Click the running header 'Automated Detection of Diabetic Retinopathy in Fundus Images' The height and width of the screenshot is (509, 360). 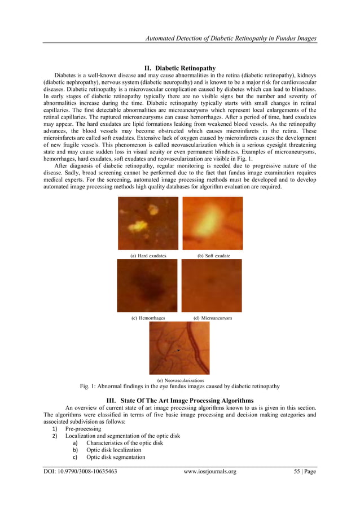tap(230, 38)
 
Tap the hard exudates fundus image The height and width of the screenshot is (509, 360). tap(148, 223)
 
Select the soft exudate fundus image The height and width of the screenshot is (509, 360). tap(213, 223)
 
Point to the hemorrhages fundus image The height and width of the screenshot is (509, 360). tap(147, 286)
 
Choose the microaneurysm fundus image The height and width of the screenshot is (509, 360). tap(212, 286)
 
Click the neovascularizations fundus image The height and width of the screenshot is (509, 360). tap(179, 348)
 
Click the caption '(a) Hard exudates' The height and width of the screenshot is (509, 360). tap(148, 256)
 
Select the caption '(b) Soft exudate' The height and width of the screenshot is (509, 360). tap(213, 256)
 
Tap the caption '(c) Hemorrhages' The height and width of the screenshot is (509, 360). tap(148, 318)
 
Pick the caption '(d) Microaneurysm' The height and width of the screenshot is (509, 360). tap(213, 318)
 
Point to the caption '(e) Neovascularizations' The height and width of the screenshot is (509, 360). tap(180, 381)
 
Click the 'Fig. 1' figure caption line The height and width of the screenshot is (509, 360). tap(179, 387)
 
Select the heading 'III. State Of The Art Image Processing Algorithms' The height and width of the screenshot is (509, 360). tap(180, 400)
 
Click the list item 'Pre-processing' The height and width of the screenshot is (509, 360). tap(84, 429)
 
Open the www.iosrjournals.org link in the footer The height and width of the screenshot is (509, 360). tap(210, 471)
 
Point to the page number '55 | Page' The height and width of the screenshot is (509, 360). tap(302, 471)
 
